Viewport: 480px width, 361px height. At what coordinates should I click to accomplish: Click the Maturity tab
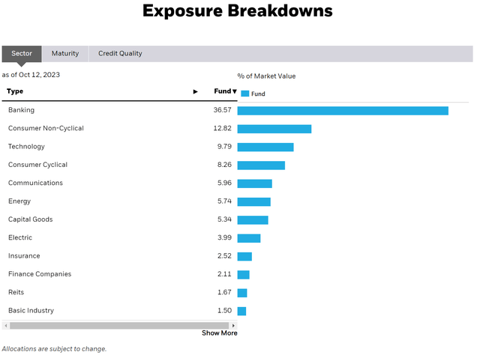click(x=64, y=54)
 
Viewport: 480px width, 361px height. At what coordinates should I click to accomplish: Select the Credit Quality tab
click(x=120, y=54)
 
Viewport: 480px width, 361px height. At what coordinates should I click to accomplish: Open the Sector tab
click(x=22, y=54)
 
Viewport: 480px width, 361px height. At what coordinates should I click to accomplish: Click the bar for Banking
click(x=343, y=111)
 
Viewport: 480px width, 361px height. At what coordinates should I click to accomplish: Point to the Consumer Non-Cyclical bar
click(x=274, y=129)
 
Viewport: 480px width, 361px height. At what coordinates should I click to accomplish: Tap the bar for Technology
click(x=265, y=147)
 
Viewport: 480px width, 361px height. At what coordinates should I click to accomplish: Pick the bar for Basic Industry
click(x=241, y=311)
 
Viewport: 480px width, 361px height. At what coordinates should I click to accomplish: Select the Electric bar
click(x=249, y=238)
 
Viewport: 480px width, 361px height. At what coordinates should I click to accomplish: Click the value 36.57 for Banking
click(x=222, y=111)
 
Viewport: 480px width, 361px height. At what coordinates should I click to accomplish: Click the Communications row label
click(x=35, y=183)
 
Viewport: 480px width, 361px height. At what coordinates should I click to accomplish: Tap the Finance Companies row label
click(x=40, y=274)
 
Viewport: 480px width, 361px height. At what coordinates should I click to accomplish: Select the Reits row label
click(x=16, y=293)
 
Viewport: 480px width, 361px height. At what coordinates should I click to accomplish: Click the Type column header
click(x=15, y=91)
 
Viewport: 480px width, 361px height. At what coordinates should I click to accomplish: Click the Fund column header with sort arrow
click(x=225, y=91)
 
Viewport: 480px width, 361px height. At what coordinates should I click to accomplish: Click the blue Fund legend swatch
click(x=244, y=94)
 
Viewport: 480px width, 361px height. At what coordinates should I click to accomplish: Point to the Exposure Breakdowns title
click(x=237, y=11)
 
